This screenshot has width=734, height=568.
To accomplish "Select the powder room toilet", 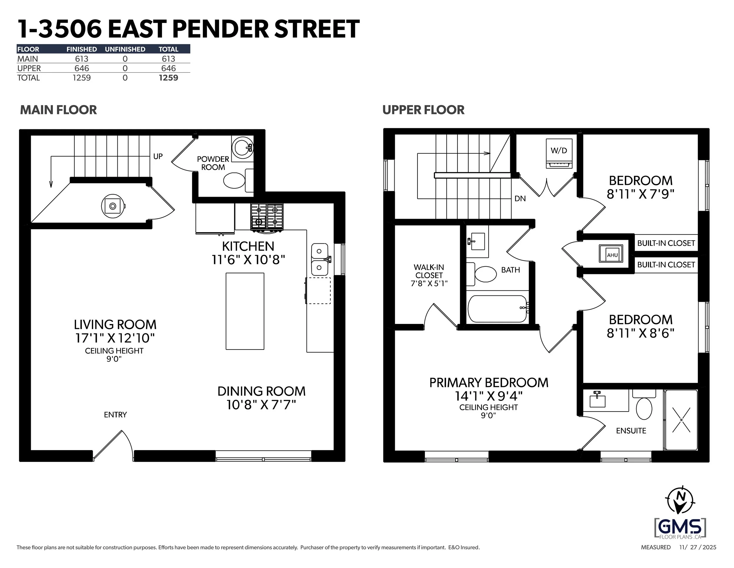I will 235,181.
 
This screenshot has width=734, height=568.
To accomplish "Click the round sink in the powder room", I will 242,147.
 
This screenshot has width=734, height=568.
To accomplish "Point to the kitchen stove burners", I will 267,217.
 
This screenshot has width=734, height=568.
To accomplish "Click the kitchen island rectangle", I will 245,311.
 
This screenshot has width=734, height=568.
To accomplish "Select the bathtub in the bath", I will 497,309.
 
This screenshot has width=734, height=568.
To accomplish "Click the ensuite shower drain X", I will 681,420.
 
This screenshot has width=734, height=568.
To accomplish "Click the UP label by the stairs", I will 158,156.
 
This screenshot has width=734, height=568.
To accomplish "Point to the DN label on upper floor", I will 520,198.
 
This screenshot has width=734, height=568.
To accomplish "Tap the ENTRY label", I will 115,415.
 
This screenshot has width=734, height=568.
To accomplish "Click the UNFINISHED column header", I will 125,49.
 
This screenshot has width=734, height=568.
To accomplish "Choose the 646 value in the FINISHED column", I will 82,68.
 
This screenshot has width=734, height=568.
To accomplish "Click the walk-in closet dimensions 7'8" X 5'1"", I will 429,283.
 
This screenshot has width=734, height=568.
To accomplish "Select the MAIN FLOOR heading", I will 58,110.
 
